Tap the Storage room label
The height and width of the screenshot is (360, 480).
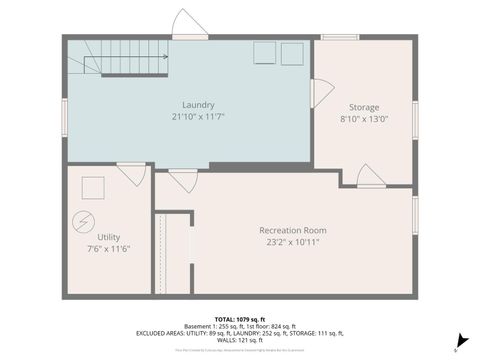pyautogui.click(x=363, y=107)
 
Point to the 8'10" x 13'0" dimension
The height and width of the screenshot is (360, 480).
pyautogui.click(x=363, y=120)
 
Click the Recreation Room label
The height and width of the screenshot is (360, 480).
pyautogui.click(x=293, y=230)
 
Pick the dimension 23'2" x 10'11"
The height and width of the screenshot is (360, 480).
pyautogui.click(x=293, y=243)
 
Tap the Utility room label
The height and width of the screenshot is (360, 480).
pyautogui.click(x=109, y=237)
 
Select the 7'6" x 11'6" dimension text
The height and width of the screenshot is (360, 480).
pyautogui.click(x=109, y=250)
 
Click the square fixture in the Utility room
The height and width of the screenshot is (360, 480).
pyautogui.click(x=93, y=187)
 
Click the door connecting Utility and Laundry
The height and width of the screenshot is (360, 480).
pyautogui.click(x=130, y=174)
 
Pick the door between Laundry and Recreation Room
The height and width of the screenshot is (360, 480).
pyautogui.click(x=182, y=180)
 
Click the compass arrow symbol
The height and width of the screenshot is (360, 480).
pyautogui.click(x=460, y=340)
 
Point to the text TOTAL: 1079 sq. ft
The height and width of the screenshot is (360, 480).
pyautogui.click(x=239, y=318)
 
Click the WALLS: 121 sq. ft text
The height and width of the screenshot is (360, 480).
pyautogui.click(x=239, y=340)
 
